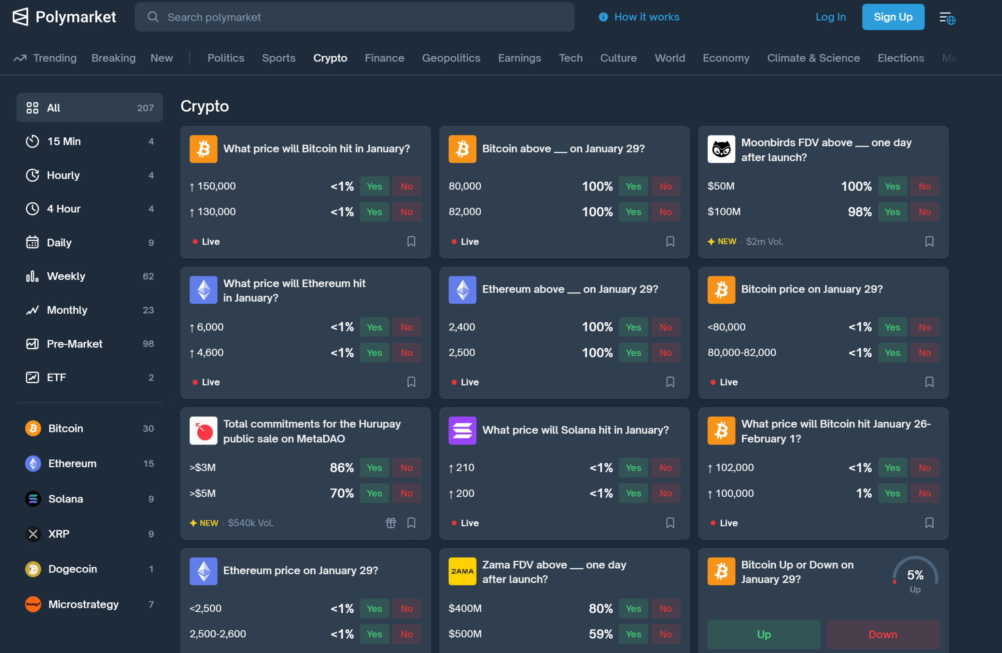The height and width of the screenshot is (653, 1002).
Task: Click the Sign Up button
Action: [x=892, y=17]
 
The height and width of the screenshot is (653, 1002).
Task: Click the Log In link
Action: [x=830, y=17]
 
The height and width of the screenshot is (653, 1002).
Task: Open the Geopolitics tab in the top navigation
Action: [x=451, y=58]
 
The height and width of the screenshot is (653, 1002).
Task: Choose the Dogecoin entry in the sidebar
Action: [x=72, y=569]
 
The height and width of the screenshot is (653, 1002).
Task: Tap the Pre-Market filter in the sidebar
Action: [x=74, y=344]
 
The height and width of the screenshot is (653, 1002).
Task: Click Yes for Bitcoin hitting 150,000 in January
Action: [x=374, y=186]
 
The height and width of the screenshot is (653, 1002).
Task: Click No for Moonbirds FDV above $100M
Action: [x=924, y=212]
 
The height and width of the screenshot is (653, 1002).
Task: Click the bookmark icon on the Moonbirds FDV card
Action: [x=929, y=241]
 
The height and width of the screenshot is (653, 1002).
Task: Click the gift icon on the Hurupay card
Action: [x=391, y=523]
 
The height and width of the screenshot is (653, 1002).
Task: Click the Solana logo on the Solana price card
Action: [x=462, y=430]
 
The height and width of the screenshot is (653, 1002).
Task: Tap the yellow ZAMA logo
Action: [x=462, y=571]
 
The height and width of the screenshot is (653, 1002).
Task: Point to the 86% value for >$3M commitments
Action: [x=341, y=468]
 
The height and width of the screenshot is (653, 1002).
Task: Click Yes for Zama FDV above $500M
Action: [x=633, y=634]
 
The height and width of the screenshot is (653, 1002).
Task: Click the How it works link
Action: [x=646, y=17]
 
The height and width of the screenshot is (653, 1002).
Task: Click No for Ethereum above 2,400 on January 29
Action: [x=665, y=327]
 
